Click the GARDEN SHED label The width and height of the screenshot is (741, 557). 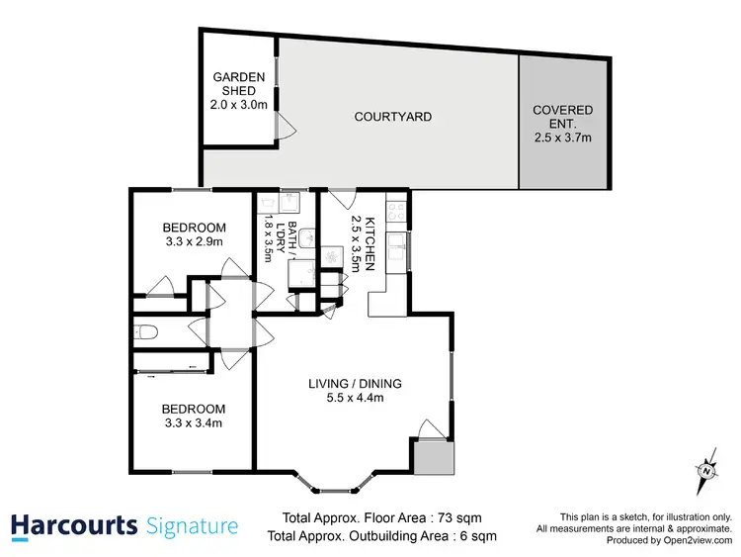pyautogui.click(x=237, y=84)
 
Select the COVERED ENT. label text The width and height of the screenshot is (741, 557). pyautogui.click(x=562, y=110)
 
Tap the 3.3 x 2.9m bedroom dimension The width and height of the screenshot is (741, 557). pyautogui.click(x=193, y=241)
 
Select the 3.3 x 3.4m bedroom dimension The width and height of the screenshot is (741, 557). pyautogui.click(x=193, y=423)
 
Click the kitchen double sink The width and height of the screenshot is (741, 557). pyautogui.click(x=399, y=248)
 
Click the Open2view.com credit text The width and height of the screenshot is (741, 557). pyautogui.click(x=690, y=541)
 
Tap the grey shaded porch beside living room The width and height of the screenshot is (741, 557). pyautogui.click(x=433, y=457)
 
